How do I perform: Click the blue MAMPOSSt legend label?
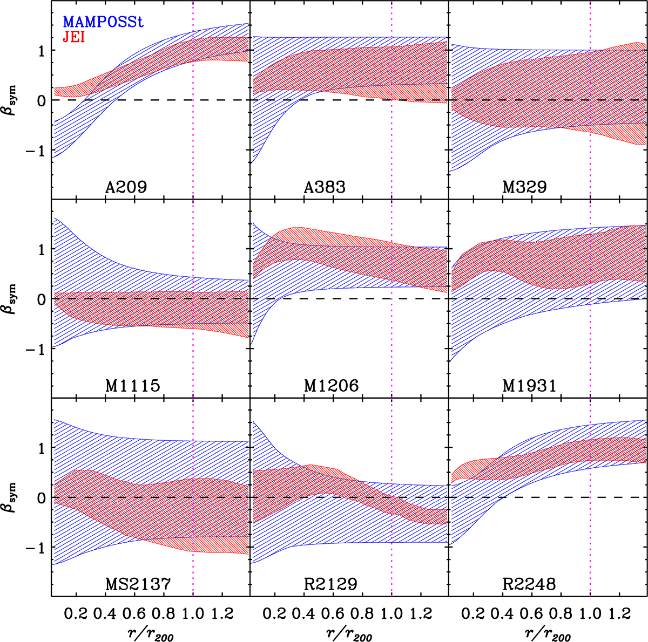pos(103,22)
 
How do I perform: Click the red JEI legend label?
pos(74,37)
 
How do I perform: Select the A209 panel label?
pos(126,187)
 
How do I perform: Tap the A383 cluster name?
pos(325,187)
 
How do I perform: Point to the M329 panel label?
pos(524,187)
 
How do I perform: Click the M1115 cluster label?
pos(133,386)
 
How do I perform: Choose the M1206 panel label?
pos(332,386)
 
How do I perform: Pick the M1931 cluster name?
pos(530,386)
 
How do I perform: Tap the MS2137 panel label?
pos(138,584)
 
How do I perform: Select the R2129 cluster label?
pos(330,584)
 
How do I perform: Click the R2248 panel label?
pos(529,584)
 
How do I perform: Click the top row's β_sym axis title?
pos(11,100)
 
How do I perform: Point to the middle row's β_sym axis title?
pos(11,299)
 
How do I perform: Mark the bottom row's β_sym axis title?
pos(11,497)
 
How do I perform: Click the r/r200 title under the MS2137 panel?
pos(151,633)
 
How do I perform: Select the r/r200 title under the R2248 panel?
pos(548,633)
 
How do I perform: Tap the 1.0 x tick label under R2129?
pos(391,614)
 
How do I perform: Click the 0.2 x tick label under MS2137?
pos(76,614)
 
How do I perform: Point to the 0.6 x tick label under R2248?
pos(532,614)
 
